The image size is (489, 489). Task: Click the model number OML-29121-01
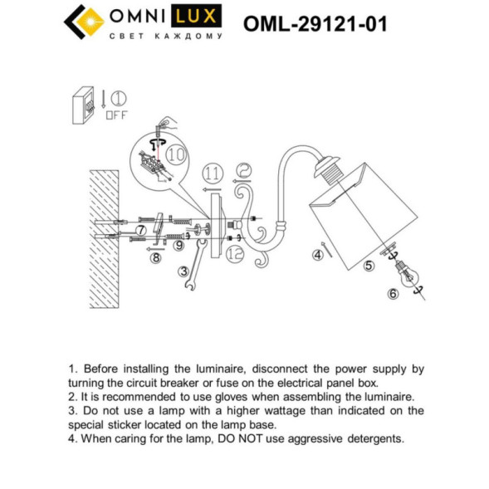315,24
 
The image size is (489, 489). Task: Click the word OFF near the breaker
117,115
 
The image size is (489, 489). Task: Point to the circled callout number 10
175,154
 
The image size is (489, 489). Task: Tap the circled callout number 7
141,230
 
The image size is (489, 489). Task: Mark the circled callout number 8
154,258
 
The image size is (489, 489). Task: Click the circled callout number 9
178,245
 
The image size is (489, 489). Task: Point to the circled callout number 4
317,256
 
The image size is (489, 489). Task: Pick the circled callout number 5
369,267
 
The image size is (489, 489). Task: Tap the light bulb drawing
407,275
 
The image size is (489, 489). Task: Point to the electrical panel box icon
84,105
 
